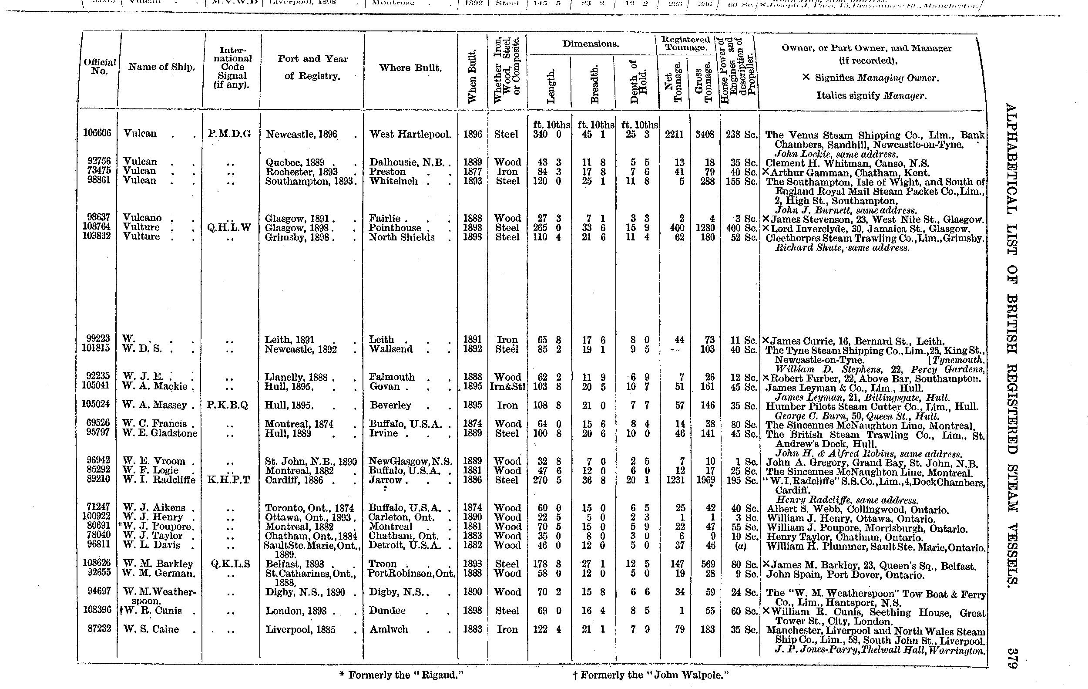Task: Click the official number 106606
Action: [97, 133]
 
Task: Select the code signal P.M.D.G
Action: [229, 134]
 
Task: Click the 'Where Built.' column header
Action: [410, 68]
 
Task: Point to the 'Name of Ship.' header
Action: [161, 67]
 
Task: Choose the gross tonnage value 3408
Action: [705, 134]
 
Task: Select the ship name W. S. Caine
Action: [151, 629]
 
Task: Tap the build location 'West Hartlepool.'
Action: [410, 134]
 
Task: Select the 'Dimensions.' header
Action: [591, 44]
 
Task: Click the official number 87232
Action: [97, 628]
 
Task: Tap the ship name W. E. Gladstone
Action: [160, 433]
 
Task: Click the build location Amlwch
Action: [389, 629]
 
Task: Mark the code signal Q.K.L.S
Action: [230, 564]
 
